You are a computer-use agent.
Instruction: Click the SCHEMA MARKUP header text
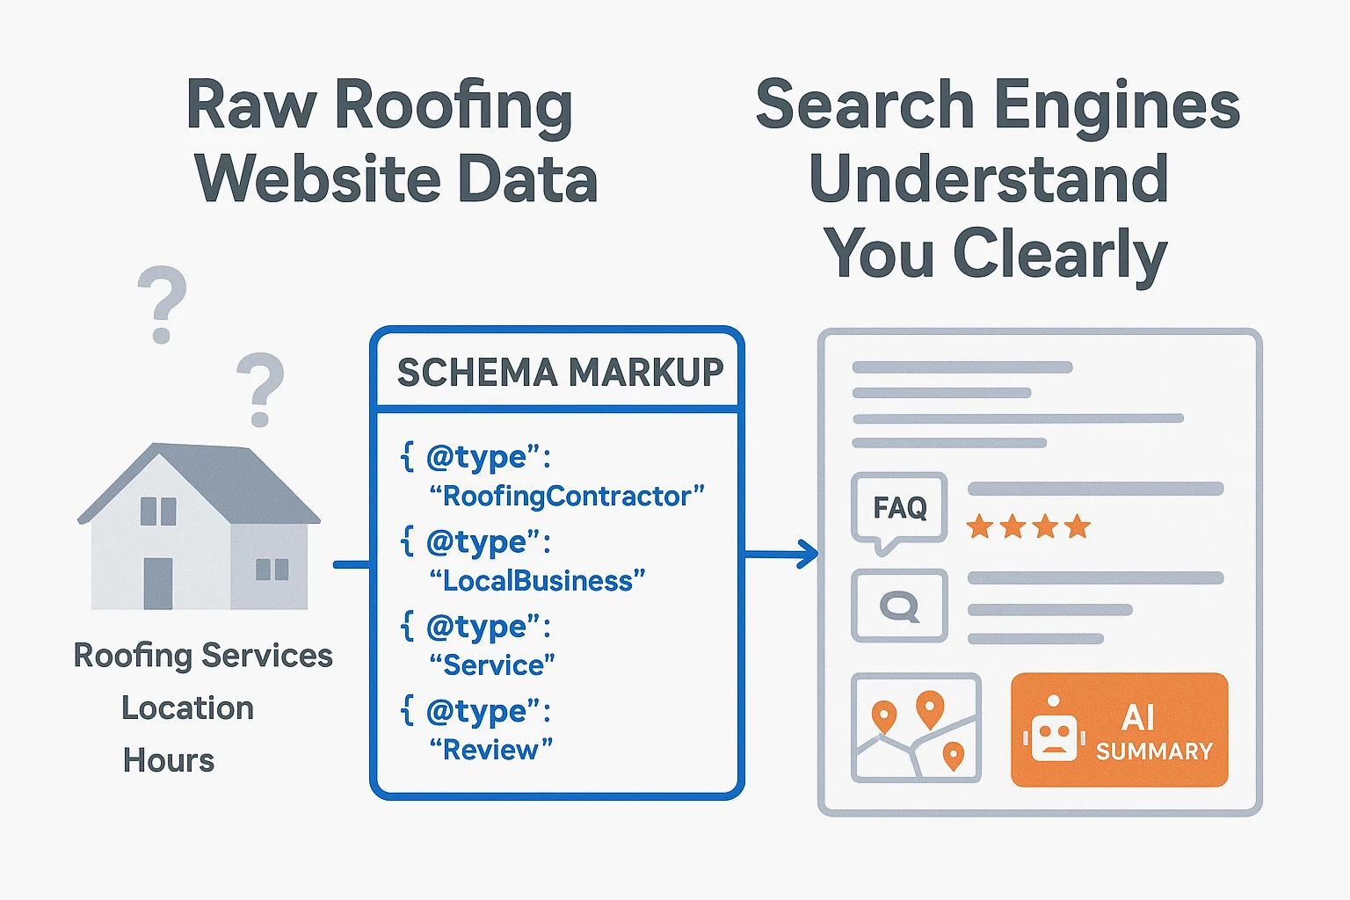[x=560, y=372]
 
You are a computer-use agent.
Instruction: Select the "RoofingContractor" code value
[x=567, y=497]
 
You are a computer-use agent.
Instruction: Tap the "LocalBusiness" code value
[x=537, y=581]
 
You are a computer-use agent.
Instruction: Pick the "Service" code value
[x=492, y=665]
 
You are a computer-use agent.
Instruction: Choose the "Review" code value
[x=490, y=750]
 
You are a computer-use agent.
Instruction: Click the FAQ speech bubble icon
[x=899, y=509]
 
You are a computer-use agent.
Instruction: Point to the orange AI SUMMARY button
[x=1119, y=729]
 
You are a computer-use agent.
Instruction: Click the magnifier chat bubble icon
[x=899, y=606]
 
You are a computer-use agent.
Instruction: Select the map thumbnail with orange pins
[x=916, y=728]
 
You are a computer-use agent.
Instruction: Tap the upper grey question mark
[x=163, y=303]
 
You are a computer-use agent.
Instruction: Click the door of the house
[x=158, y=584]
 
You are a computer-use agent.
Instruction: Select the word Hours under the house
[x=169, y=760]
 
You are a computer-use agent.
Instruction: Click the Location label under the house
[x=187, y=708]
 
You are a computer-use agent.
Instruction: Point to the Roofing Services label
[x=203, y=656]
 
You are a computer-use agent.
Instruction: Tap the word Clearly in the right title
[x=1060, y=254]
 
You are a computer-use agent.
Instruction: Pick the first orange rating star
[x=980, y=527]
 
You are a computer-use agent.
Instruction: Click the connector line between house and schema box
[x=352, y=564]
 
